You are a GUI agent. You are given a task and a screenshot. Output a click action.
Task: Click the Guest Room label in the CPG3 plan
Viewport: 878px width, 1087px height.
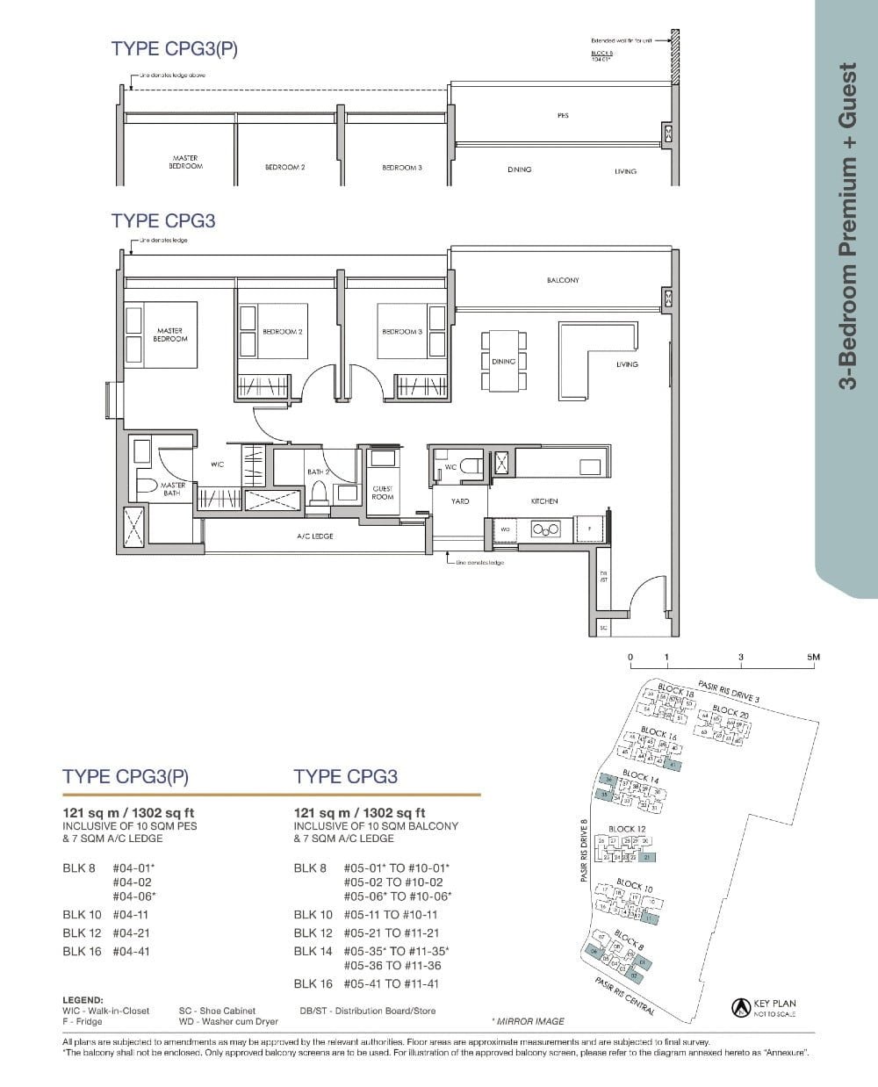(x=383, y=493)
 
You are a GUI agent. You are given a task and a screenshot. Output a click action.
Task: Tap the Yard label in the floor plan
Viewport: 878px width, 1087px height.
(x=460, y=501)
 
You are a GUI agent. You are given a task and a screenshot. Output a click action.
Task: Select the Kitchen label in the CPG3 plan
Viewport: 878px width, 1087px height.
(x=544, y=501)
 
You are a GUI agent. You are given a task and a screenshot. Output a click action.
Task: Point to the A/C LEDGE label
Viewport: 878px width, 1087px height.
(x=315, y=536)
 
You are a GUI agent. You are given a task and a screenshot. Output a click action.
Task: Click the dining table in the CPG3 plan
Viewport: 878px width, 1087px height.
(x=503, y=361)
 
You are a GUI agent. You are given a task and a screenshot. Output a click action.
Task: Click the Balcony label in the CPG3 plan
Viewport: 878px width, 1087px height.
(x=563, y=280)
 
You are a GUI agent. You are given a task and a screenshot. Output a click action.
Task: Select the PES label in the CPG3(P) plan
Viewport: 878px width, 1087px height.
(x=563, y=115)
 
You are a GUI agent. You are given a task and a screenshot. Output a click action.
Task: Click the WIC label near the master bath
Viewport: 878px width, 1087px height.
(x=217, y=464)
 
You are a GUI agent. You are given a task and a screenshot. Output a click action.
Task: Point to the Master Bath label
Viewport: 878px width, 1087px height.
(x=172, y=489)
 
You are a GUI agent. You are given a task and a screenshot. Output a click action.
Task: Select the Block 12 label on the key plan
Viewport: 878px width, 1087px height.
(x=627, y=829)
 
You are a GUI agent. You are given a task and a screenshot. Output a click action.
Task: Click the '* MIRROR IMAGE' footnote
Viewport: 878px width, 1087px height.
(x=529, y=1021)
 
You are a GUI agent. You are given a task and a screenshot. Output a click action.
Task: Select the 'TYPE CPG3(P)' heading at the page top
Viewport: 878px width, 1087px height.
(x=175, y=49)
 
